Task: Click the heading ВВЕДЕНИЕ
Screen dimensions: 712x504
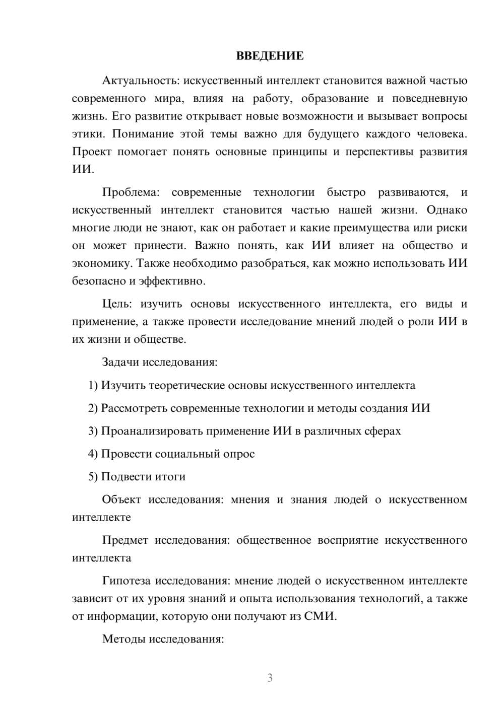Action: tap(270, 56)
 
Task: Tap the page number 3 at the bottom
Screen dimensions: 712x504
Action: tap(270, 678)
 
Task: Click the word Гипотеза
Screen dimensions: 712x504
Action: tap(126, 581)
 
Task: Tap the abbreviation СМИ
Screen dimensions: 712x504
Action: tap(320, 616)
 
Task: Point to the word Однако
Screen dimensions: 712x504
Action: tap(447, 210)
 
